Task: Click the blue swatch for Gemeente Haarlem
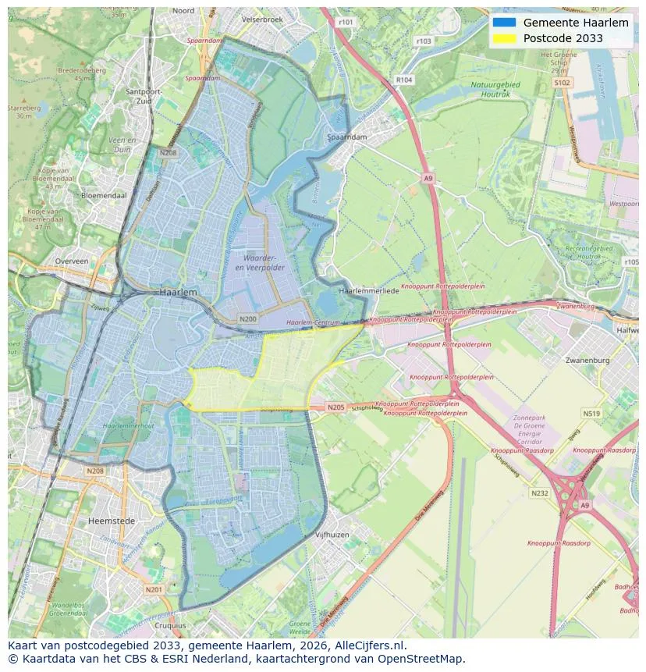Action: [504, 23]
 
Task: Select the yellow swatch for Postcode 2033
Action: [504, 38]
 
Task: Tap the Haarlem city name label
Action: [178, 291]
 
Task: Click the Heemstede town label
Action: [112, 521]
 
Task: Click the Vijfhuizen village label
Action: [332, 535]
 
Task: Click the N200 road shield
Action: [248, 318]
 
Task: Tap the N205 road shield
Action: [335, 407]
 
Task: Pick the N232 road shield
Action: [540, 493]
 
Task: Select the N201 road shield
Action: [154, 589]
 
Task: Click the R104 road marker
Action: [403, 80]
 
